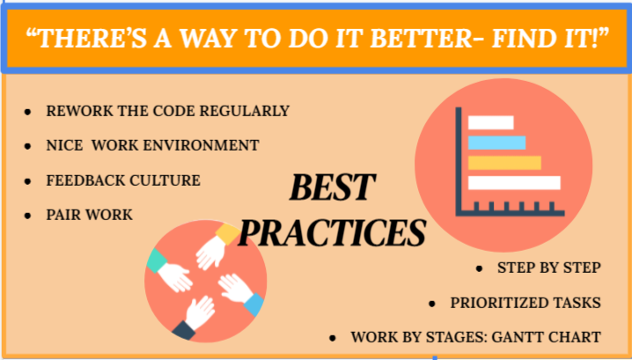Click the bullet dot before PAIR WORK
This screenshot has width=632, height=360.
point(27,216)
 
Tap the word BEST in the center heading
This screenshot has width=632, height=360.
point(333,187)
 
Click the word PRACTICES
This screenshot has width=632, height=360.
point(332,233)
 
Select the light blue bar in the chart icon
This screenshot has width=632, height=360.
point(496,143)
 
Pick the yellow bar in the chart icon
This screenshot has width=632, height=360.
point(504,163)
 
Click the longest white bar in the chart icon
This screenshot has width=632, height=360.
point(514,182)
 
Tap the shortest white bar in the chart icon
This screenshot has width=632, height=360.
point(490,122)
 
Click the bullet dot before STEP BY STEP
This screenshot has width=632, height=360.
point(479,268)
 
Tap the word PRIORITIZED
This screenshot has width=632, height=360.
point(488,303)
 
